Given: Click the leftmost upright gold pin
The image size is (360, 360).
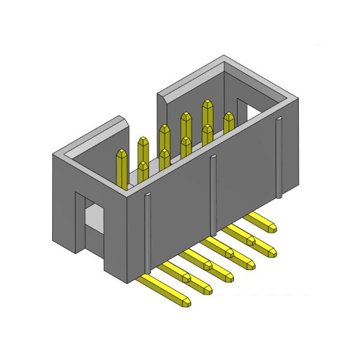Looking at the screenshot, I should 122,168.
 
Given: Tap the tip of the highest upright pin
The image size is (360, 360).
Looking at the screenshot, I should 208,103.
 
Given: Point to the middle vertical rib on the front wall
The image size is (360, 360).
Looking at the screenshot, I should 213,195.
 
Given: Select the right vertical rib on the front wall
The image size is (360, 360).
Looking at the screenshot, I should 279,159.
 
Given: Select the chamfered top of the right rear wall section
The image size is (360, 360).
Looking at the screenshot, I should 192,78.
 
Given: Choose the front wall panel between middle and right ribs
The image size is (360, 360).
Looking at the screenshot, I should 246,180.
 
